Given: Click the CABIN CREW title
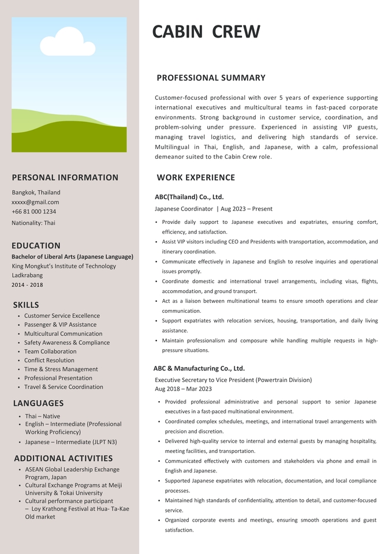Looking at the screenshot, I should click(206, 32).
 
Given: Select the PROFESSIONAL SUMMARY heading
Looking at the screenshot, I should click(211, 78).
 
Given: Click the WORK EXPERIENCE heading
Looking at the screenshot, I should click(196, 178).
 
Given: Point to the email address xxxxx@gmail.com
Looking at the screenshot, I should click(35, 202).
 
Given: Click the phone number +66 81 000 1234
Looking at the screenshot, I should click(34, 212).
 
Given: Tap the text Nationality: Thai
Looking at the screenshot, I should click(33, 223).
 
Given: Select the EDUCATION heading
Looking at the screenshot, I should click(36, 245).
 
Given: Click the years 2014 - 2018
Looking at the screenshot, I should click(27, 285).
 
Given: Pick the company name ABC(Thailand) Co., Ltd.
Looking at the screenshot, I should click(189, 197).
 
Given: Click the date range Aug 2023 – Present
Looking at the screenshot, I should click(247, 209).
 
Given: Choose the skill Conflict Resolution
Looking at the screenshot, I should click(49, 360).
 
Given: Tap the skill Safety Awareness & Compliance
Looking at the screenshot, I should click(67, 342).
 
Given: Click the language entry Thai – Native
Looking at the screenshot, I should click(42, 416).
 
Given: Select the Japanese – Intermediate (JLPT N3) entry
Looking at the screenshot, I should click(71, 442).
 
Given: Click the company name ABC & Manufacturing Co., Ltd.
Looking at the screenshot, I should click(199, 368).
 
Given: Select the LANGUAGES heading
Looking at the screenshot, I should click(38, 403).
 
